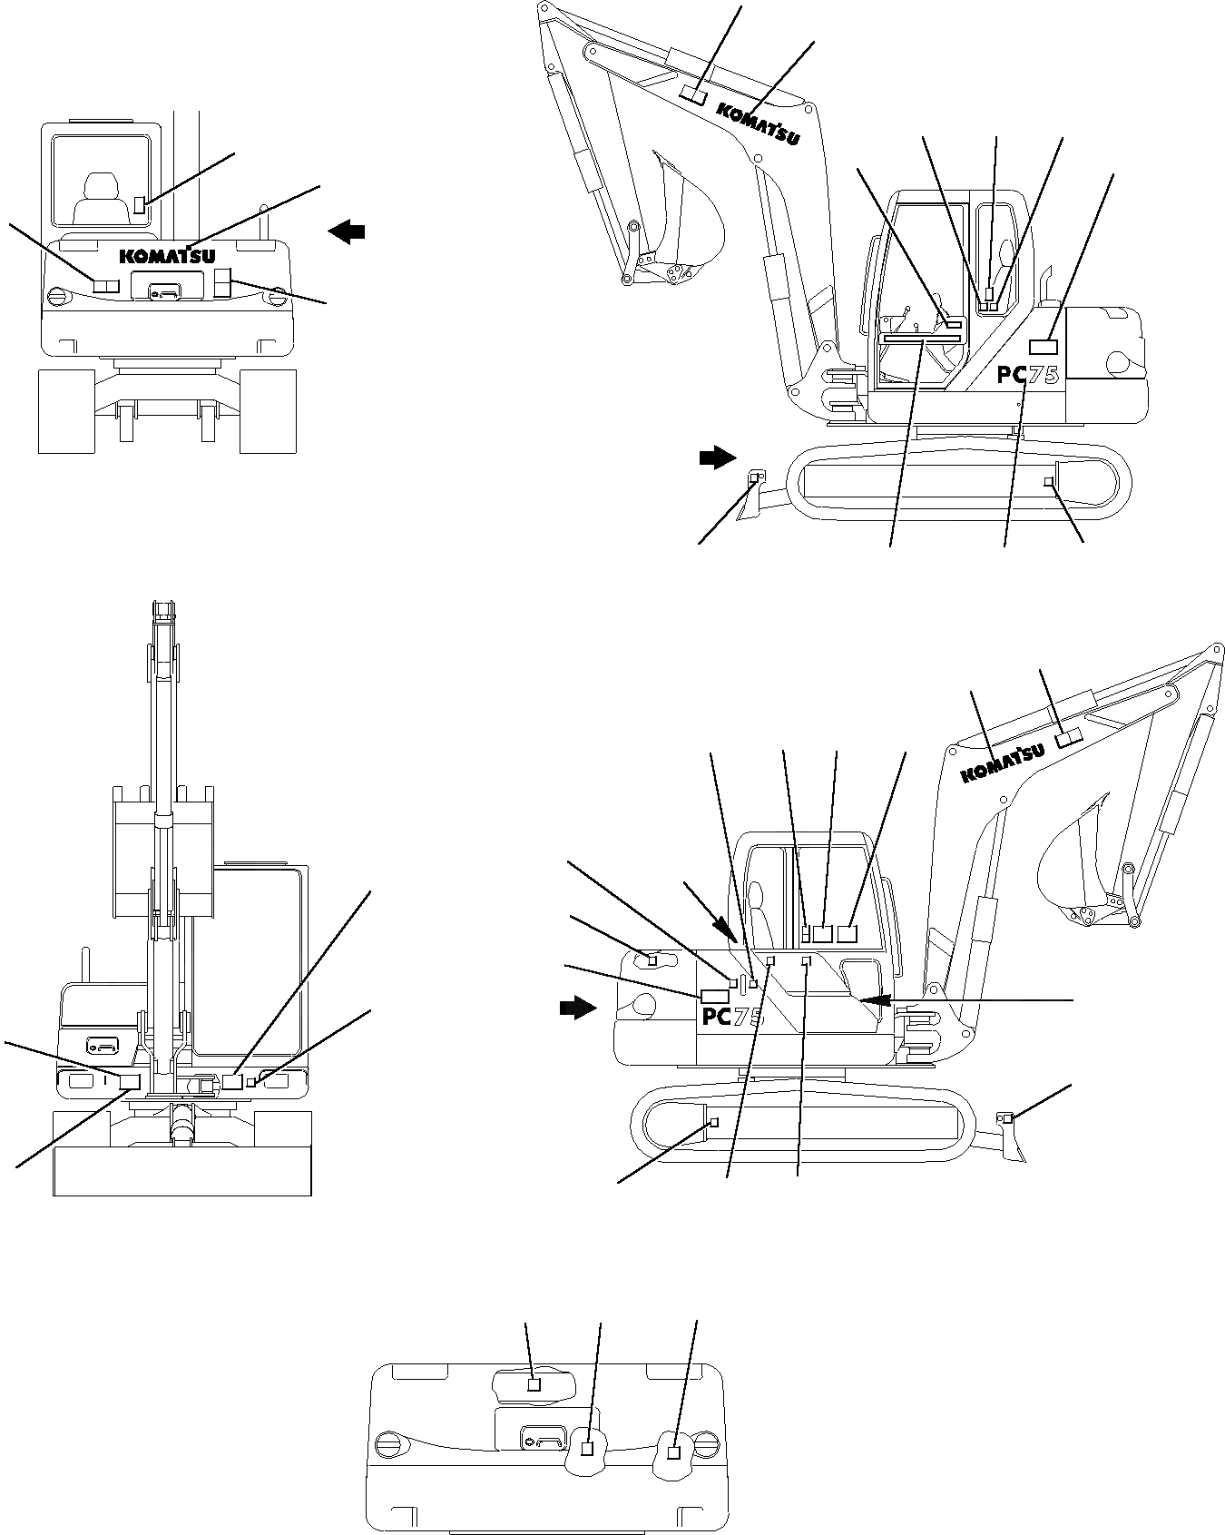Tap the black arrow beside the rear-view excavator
click(x=347, y=232)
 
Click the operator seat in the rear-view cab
click(x=94, y=195)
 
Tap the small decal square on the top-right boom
click(x=694, y=93)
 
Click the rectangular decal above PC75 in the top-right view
click(x=1044, y=346)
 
